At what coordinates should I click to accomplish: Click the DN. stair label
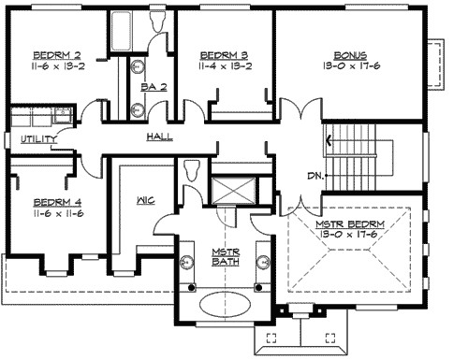(315, 175)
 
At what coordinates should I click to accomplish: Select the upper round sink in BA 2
(137, 66)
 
